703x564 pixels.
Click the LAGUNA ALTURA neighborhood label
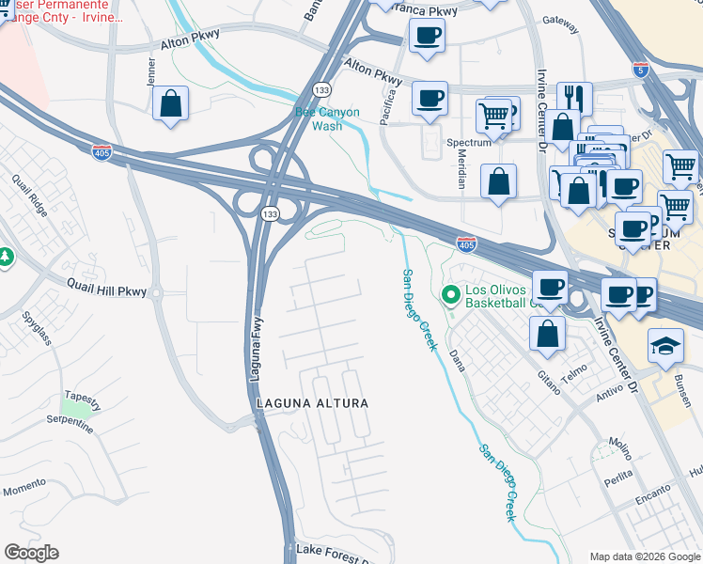312,403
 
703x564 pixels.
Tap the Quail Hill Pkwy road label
107,291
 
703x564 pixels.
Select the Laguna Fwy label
255,344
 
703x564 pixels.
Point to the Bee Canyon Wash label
327,118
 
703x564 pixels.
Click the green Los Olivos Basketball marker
451,295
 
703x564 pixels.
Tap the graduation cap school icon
665,346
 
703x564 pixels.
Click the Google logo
31,553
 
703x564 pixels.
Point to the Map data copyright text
644,556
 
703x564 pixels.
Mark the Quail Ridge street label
30,194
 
